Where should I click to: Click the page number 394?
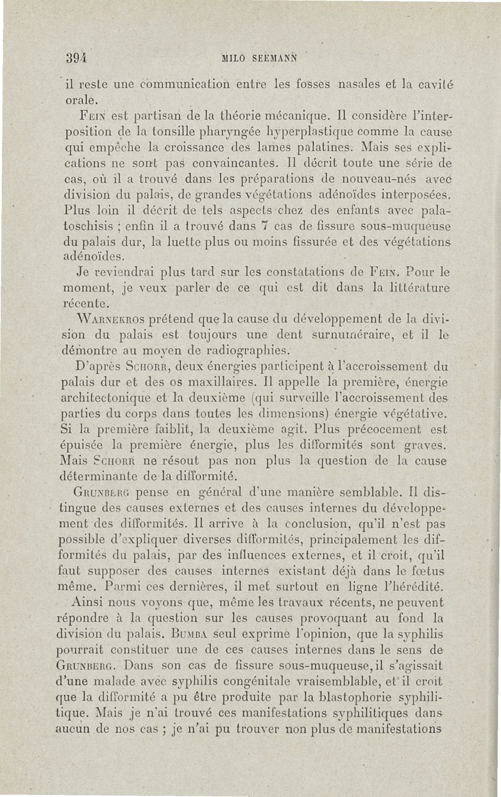point(75,58)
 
